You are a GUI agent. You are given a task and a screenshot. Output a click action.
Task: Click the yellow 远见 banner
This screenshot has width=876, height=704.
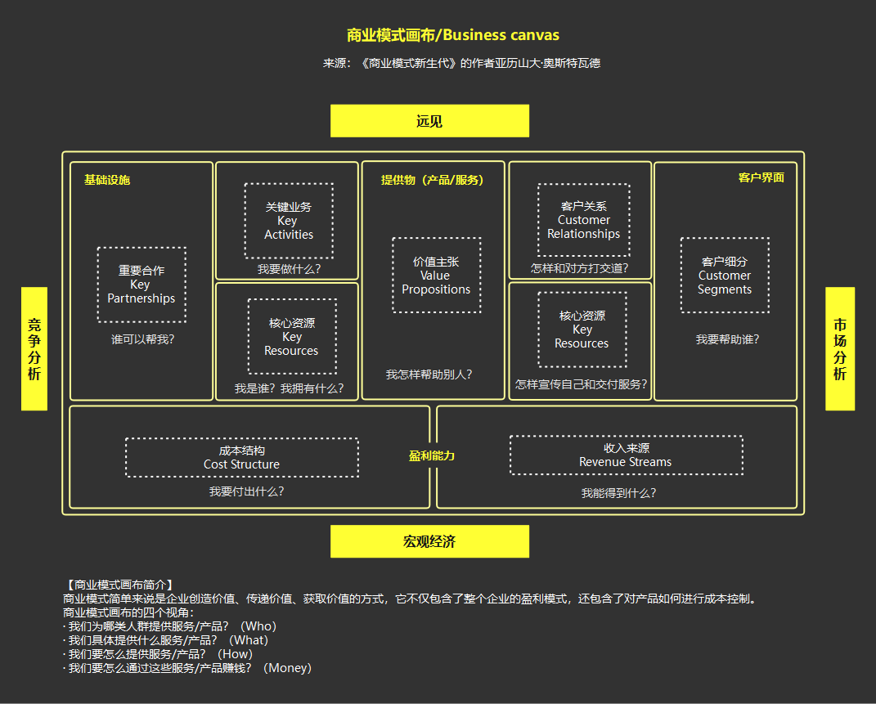click(429, 121)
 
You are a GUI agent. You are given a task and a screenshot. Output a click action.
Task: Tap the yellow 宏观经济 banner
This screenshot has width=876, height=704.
click(429, 541)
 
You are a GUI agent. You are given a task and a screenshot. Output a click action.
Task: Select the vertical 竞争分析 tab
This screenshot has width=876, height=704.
click(34, 348)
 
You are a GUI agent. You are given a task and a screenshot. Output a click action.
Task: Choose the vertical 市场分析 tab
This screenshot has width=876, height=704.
click(839, 348)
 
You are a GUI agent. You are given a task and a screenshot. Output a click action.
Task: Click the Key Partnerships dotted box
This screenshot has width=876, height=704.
click(141, 285)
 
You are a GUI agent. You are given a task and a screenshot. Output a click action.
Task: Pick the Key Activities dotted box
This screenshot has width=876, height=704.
click(288, 221)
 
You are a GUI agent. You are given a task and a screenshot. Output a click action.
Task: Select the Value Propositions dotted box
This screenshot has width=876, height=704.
click(436, 276)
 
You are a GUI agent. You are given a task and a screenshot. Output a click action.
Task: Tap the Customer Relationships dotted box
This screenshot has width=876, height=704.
click(583, 220)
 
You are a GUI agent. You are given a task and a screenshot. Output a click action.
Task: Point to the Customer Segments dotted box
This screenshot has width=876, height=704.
click(724, 276)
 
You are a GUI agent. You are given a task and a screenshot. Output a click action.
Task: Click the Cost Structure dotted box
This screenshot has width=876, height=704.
click(241, 457)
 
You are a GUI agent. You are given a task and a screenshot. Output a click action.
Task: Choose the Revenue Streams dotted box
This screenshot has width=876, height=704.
click(626, 455)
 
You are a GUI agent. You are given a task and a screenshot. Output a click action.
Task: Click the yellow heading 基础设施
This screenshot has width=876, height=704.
click(107, 180)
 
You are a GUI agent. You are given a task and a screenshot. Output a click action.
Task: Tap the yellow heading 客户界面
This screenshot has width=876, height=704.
click(761, 177)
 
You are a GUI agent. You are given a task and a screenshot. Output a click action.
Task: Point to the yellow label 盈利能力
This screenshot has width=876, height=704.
click(432, 455)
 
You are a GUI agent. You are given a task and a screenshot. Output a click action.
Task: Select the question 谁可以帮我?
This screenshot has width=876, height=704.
click(143, 339)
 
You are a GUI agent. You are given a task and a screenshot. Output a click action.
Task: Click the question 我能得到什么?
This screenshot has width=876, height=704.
click(618, 493)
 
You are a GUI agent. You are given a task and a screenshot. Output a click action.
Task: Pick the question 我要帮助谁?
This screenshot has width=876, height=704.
click(727, 339)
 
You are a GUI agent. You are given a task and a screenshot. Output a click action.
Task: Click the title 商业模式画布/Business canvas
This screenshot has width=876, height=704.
click(452, 35)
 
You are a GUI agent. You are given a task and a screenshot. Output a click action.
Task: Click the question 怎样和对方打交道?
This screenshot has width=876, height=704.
click(579, 267)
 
